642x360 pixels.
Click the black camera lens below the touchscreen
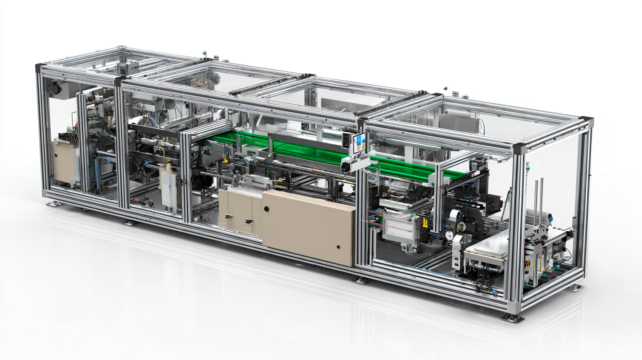point(346,168)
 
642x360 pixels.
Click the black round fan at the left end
point(56,89)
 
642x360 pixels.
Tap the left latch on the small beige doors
point(228,216)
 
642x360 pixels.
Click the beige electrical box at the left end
point(63,161)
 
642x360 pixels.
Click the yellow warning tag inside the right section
point(425,223)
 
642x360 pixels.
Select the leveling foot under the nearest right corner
point(513,317)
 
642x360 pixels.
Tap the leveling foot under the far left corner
point(54,203)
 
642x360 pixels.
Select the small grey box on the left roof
point(127,67)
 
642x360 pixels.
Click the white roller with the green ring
point(461,226)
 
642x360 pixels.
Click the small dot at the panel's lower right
point(338,248)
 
